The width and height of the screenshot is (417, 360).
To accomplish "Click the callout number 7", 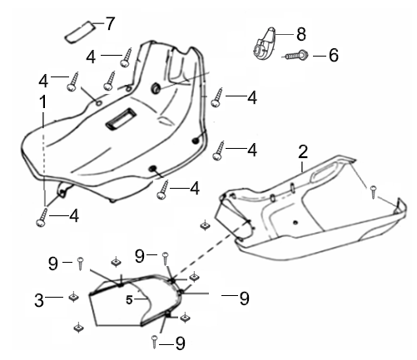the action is pos(110,23).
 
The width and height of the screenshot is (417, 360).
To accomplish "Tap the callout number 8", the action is pos(301,34).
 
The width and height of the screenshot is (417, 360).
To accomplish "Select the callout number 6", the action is pos(334,55).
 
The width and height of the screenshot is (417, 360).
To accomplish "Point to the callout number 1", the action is pos(42,102).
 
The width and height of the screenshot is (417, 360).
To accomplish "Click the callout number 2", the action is pos(303,151).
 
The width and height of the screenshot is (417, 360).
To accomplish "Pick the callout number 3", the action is pos(39,300).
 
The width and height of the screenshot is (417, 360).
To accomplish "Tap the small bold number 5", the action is pos(129,299).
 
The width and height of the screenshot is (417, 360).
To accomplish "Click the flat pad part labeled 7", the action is pos(80,32).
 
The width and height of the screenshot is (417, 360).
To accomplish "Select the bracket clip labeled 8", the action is pos(265,43).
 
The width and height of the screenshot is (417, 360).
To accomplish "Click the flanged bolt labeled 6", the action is pos(295,56).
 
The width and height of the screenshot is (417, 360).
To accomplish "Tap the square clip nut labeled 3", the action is pos(73,297).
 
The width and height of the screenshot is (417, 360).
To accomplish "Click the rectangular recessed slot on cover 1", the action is pos(121,118).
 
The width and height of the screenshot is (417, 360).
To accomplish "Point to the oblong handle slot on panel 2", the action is pos(325,173).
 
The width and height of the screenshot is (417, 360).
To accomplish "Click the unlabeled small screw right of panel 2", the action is pos(373,192).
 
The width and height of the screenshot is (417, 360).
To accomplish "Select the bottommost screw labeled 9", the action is pos(155,342).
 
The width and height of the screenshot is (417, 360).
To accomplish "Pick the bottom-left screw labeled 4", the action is pos(42,218).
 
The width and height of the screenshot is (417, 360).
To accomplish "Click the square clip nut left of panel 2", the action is pos(205,225).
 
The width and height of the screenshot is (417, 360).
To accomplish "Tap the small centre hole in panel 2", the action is pos(295,222).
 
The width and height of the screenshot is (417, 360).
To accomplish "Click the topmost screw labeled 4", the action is pos(127,57).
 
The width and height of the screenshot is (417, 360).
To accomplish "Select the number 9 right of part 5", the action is pos(244,298).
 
